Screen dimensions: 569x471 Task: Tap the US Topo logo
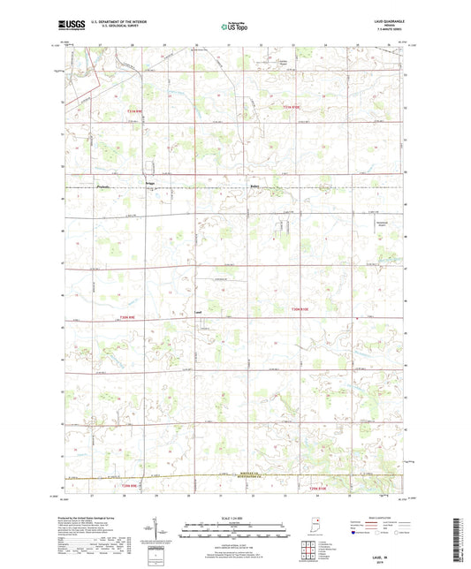(x=234, y=27)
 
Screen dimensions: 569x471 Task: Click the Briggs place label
(x=150, y=186)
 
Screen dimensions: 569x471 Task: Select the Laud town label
(x=199, y=312)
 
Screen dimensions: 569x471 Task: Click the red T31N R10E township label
(x=292, y=107)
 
